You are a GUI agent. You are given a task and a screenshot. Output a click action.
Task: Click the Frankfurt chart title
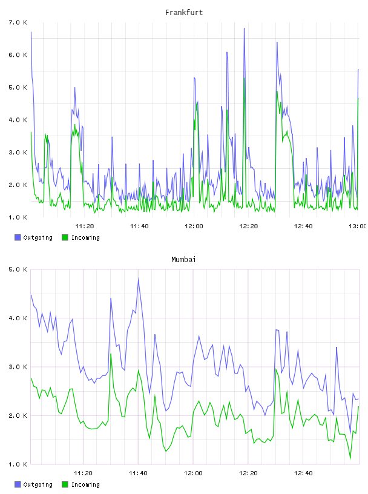[184, 13]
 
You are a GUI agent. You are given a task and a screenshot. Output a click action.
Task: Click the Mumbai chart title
[183, 260]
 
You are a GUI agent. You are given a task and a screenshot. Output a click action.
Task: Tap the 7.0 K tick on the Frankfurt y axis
[18, 22]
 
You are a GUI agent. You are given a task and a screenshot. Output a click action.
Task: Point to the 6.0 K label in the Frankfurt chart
[18, 55]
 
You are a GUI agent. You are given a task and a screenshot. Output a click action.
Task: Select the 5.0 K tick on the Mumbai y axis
[18, 269]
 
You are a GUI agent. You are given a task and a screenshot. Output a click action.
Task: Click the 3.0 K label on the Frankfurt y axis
[18, 153]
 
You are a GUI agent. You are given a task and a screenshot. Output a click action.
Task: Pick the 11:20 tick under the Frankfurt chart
[85, 226]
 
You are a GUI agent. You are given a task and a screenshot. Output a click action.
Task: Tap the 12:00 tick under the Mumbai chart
[193, 473]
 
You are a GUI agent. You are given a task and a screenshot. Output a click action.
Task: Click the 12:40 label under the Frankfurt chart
[303, 226]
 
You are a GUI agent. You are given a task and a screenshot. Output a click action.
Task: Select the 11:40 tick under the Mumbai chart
[138, 473]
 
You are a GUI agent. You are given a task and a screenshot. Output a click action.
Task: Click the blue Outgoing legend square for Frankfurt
[18, 237]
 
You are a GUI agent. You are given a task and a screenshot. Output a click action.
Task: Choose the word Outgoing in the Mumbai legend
[38, 484]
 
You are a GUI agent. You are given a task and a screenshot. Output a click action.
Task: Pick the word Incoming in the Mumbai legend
[85, 484]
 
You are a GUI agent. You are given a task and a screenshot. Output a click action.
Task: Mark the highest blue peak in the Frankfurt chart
[244, 28]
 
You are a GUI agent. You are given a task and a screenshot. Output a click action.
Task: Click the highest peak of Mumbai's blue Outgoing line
[138, 278]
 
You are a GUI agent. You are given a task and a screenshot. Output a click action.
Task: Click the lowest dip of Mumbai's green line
[350, 458]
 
